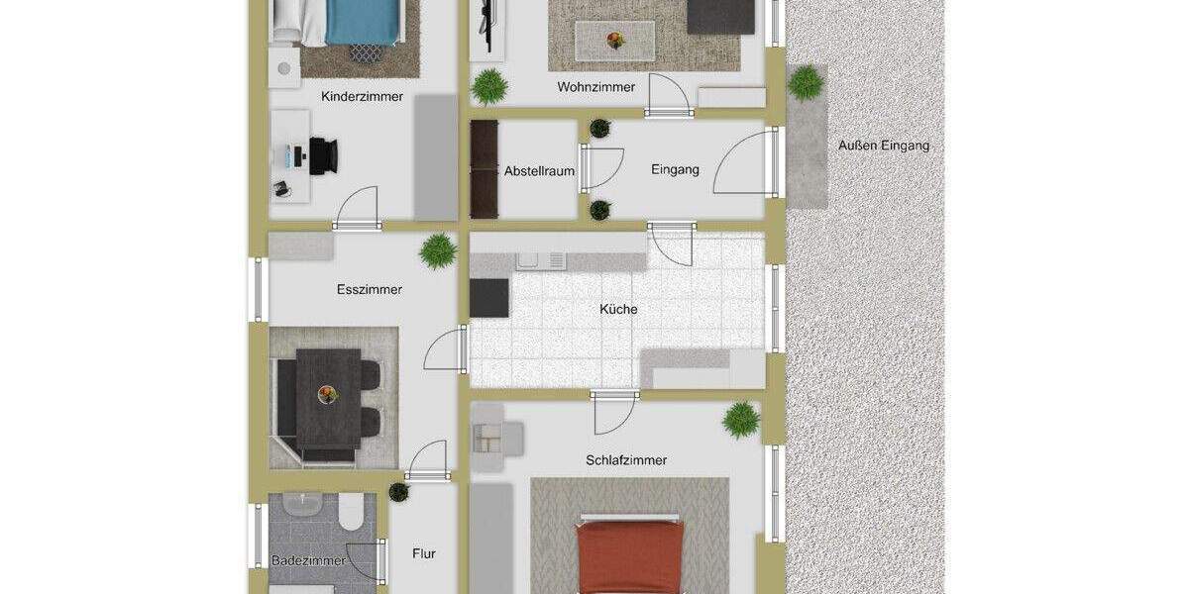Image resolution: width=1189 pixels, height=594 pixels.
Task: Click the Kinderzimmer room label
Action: tap(362, 97)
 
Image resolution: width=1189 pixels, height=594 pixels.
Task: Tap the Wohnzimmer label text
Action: tap(595, 87)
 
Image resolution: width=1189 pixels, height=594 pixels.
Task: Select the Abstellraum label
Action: tap(539, 170)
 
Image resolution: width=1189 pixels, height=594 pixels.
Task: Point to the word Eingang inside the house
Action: tap(675, 169)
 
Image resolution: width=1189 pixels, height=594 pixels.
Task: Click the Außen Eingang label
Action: tap(884, 146)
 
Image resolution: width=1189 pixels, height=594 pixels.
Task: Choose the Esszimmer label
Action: tap(370, 290)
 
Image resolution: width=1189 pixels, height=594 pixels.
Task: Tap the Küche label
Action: tap(618, 309)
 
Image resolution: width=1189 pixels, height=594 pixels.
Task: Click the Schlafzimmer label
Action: tap(625, 460)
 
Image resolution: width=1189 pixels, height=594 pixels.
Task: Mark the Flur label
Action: tap(423, 554)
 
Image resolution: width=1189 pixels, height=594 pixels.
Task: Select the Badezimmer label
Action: tap(308, 560)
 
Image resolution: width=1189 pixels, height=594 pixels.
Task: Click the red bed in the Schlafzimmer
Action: tap(631, 556)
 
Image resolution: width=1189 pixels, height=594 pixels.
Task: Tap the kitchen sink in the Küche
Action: tap(541, 259)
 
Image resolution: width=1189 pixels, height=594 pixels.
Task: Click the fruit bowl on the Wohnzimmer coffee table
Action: tap(615, 41)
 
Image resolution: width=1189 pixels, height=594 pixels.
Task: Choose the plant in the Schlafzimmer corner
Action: tap(741, 420)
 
